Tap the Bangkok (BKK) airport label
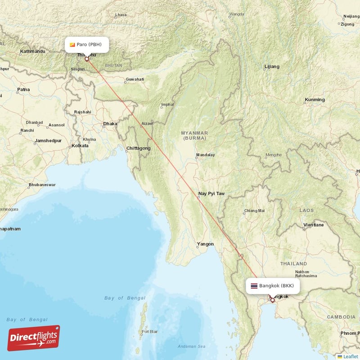point(276,286)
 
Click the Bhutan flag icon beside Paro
point(72,45)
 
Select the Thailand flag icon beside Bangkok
point(254,286)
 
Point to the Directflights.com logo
point(33,338)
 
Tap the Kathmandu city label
point(32,52)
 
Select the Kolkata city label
point(80,146)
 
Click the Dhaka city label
point(110,124)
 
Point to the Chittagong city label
point(138,148)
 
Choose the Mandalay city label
point(205,155)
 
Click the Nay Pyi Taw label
point(211,194)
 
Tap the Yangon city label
point(205,244)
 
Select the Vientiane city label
point(313,225)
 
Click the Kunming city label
point(315,99)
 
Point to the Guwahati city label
point(135,80)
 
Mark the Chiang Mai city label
point(254,211)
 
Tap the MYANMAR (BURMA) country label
point(194,135)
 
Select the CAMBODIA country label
point(341,317)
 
